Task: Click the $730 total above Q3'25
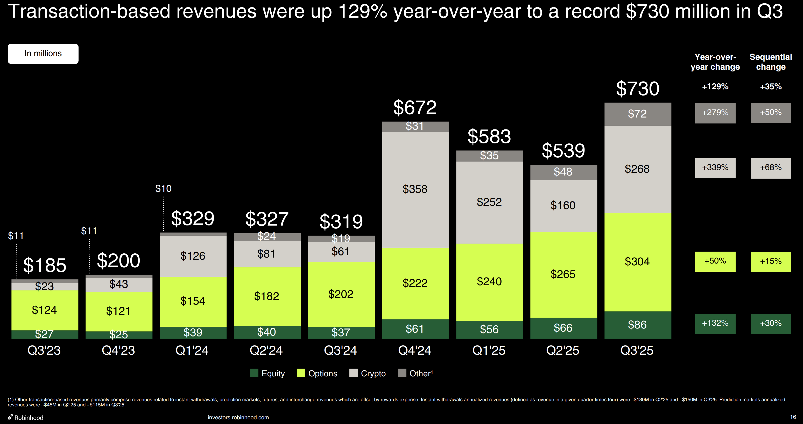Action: pyautogui.click(x=637, y=89)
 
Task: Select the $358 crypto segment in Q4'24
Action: pyautogui.click(x=415, y=189)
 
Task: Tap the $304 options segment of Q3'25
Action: pyautogui.click(x=637, y=261)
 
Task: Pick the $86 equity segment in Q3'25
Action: pyautogui.click(x=637, y=325)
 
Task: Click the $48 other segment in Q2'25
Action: pyautogui.click(x=563, y=172)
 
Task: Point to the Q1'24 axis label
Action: pyautogui.click(x=192, y=350)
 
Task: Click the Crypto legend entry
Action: pyautogui.click(x=368, y=373)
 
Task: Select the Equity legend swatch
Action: pyautogui.click(x=254, y=373)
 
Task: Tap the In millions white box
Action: pyautogui.click(x=43, y=54)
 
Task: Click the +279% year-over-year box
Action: pyautogui.click(x=715, y=113)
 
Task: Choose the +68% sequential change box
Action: pyautogui.click(x=771, y=168)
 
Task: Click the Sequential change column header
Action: pyautogui.click(x=771, y=62)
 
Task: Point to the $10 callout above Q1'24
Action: pyautogui.click(x=163, y=188)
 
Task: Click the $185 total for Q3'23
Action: pyautogui.click(x=45, y=265)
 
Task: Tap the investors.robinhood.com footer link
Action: pyautogui.click(x=238, y=418)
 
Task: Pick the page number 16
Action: pyautogui.click(x=793, y=417)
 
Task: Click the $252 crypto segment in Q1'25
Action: pyautogui.click(x=489, y=202)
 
